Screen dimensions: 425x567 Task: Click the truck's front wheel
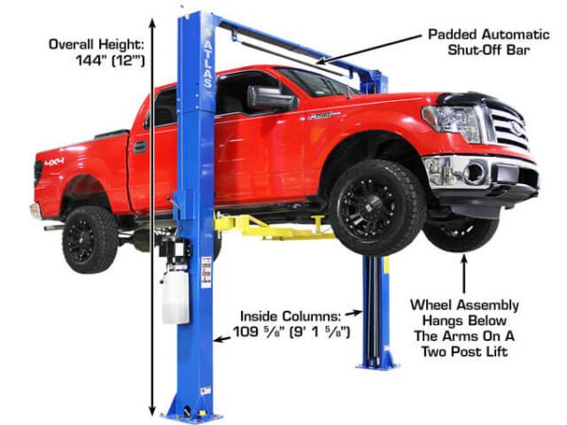click(x=377, y=206)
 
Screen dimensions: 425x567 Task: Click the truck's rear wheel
click(x=91, y=237)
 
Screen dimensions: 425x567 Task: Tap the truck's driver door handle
click(x=140, y=146)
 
